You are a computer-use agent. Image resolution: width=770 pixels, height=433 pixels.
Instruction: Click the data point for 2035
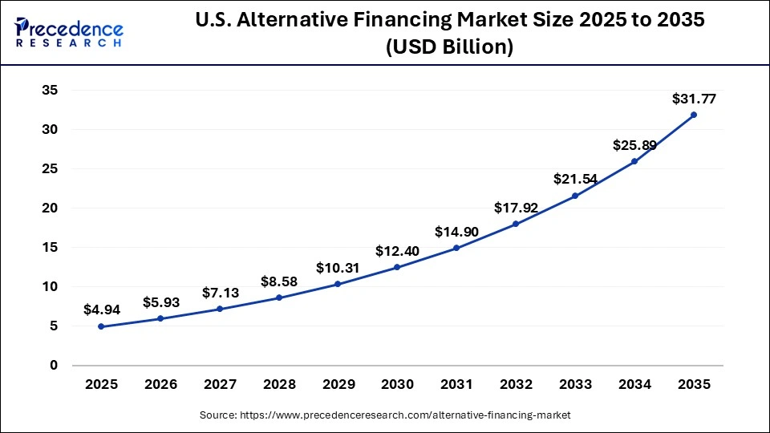pos(694,115)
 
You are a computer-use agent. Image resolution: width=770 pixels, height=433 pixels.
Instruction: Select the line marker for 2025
pos(100,326)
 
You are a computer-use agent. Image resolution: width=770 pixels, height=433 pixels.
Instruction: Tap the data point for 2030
pos(397,267)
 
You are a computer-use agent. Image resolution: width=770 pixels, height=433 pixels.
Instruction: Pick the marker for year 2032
pos(516,224)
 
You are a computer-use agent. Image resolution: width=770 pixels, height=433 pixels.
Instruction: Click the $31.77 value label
pos(694,99)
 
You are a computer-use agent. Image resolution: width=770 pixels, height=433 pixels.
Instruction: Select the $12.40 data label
pos(397,251)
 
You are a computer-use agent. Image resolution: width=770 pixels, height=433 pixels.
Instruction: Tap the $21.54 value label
pos(575,180)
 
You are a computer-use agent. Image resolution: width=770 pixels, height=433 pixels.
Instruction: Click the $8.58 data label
pos(278,281)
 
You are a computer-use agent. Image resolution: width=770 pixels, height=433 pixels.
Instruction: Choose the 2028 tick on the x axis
pos(278,385)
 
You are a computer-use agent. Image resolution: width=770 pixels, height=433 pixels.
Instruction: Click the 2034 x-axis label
pos(634,385)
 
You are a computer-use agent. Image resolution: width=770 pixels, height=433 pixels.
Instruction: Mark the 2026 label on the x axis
pos(160,385)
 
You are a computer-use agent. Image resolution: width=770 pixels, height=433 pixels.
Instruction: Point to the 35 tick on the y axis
pos(49,91)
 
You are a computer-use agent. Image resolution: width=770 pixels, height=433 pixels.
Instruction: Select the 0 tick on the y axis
pos(54,366)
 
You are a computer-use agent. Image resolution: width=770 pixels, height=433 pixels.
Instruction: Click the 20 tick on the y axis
pos(49,208)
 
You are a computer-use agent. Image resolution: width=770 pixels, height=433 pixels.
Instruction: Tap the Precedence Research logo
pos(69,32)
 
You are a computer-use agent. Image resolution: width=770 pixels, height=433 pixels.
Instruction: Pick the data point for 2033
pos(575,196)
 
